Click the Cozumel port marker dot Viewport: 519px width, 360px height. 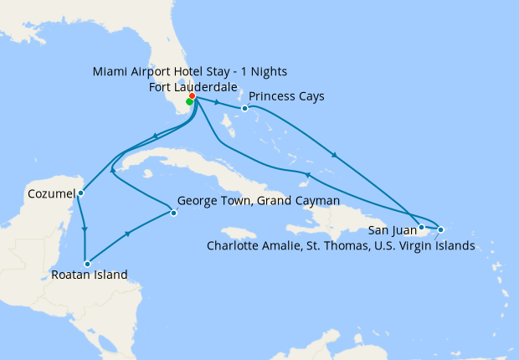tap(80, 193)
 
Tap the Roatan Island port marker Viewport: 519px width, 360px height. tap(86, 264)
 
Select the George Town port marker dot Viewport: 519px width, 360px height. tap(173, 213)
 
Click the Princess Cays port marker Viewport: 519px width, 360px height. tap(244, 108)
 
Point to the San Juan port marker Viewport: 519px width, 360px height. tap(421, 226)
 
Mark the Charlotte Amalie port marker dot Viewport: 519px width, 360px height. tap(441, 229)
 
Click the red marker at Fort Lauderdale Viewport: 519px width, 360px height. tap(193, 96)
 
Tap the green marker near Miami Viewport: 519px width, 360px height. tap(189, 102)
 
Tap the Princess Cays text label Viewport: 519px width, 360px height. tap(286, 96)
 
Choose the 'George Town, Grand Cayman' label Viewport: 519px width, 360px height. tap(259, 202)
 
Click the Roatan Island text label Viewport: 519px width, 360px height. tap(89, 275)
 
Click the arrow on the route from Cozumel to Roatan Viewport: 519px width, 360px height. tap(85, 228)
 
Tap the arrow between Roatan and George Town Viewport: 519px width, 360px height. tap(126, 235)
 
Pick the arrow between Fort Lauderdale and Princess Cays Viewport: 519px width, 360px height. tap(217, 103)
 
